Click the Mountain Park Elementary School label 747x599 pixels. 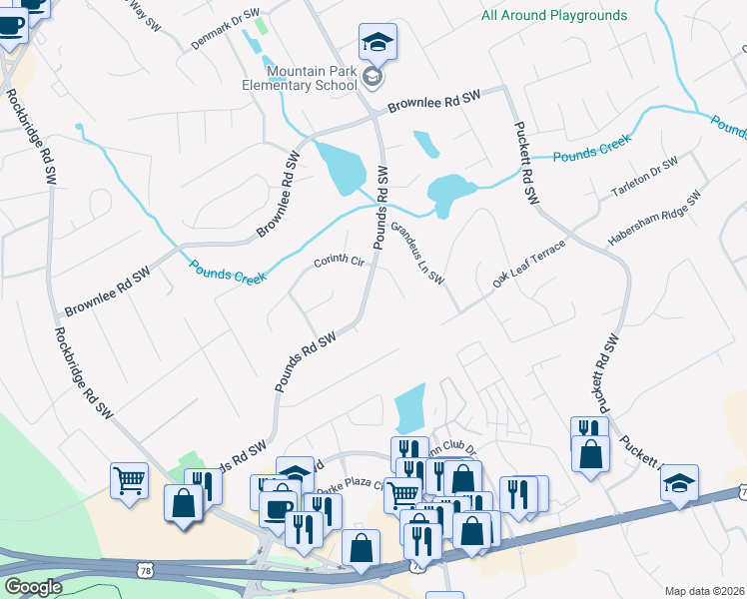(x=312, y=78)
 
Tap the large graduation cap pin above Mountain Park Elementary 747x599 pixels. (x=377, y=42)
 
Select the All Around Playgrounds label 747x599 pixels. (x=554, y=16)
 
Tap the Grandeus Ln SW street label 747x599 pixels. (x=416, y=253)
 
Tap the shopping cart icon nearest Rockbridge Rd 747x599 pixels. (x=129, y=480)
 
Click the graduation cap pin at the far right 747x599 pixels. (x=679, y=484)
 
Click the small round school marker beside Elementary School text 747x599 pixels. (x=372, y=78)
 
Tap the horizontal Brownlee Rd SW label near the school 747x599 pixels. (x=434, y=100)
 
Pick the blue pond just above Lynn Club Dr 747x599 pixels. (x=410, y=407)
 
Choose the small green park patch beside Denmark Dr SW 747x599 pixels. (x=261, y=25)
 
